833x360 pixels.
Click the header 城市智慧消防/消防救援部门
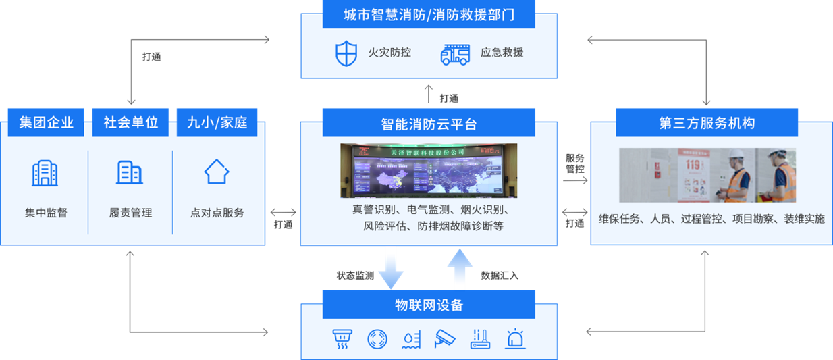(x=429, y=14)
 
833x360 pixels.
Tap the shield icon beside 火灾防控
(x=346, y=53)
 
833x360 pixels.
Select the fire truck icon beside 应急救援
(x=455, y=53)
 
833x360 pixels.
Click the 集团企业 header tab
(x=46, y=122)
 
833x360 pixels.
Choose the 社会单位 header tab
(x=130, y=122)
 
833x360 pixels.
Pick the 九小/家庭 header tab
(x=217, y=122)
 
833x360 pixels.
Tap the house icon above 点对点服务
(x=217, y=172)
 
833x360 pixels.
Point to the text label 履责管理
(x=130, y=213)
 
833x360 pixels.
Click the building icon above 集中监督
(x=45, y=173)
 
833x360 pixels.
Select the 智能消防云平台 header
(x=429, y=124)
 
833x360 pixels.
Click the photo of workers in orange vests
(x=707, y=176)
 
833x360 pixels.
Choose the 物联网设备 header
(x=429, y=305)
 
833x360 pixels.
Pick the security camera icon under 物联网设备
(x=445, y=338)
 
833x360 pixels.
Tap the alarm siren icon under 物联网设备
(x=516, y=338)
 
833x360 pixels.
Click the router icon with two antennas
(x=481, y=338)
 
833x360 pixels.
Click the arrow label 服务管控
(x=574, y=163)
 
